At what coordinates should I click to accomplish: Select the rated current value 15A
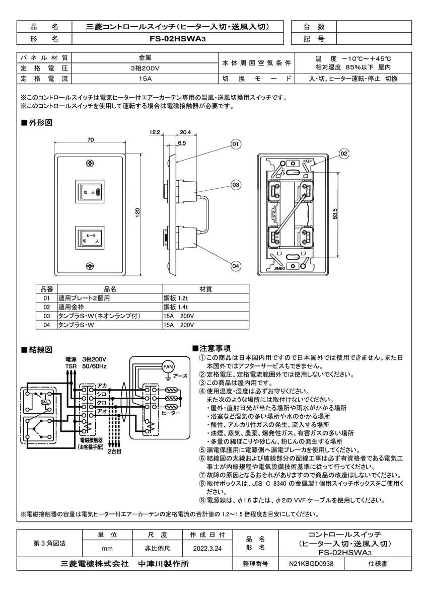tap(145, 79)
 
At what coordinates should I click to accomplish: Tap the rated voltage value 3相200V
tap(145, 68)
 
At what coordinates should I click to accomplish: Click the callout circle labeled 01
tap(235, 145)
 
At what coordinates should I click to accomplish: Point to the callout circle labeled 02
tap(344, 153)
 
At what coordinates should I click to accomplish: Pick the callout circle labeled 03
tap(235, 185)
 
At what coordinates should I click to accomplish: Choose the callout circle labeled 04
tap(235, 265)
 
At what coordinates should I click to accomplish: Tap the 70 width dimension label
tap(90, 139)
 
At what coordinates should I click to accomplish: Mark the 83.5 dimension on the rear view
tap(344, 213)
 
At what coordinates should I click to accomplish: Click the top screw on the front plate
tap(90, 164)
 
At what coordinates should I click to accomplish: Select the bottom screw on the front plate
tap(90, 265)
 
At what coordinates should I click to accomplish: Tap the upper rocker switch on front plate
tap(90, 192)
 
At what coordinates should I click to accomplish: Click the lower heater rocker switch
tap(90, 238)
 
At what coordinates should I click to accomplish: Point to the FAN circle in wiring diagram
tap(168, 367)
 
